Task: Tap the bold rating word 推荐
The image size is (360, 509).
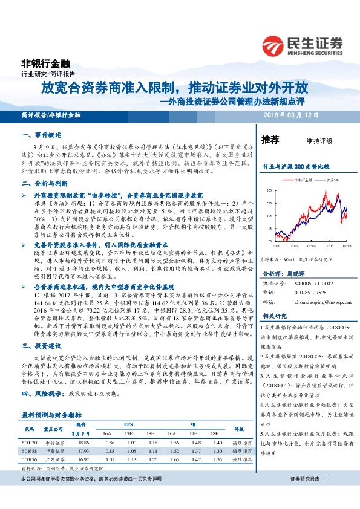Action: (270, 140)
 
